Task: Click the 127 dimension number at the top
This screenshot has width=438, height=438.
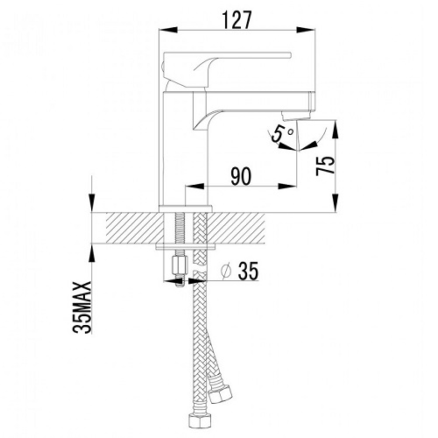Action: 237,20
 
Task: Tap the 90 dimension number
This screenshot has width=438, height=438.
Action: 241,176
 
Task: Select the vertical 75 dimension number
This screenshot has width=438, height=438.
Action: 325,166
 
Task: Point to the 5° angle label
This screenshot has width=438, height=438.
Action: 280,134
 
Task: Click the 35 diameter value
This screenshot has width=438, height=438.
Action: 248,271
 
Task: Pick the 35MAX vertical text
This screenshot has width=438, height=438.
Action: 81,307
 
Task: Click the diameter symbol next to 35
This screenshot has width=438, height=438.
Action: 226,272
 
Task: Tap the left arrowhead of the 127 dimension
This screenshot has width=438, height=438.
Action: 168,30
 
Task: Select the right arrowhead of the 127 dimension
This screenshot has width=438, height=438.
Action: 306,30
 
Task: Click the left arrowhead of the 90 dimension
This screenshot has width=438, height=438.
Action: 194,186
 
